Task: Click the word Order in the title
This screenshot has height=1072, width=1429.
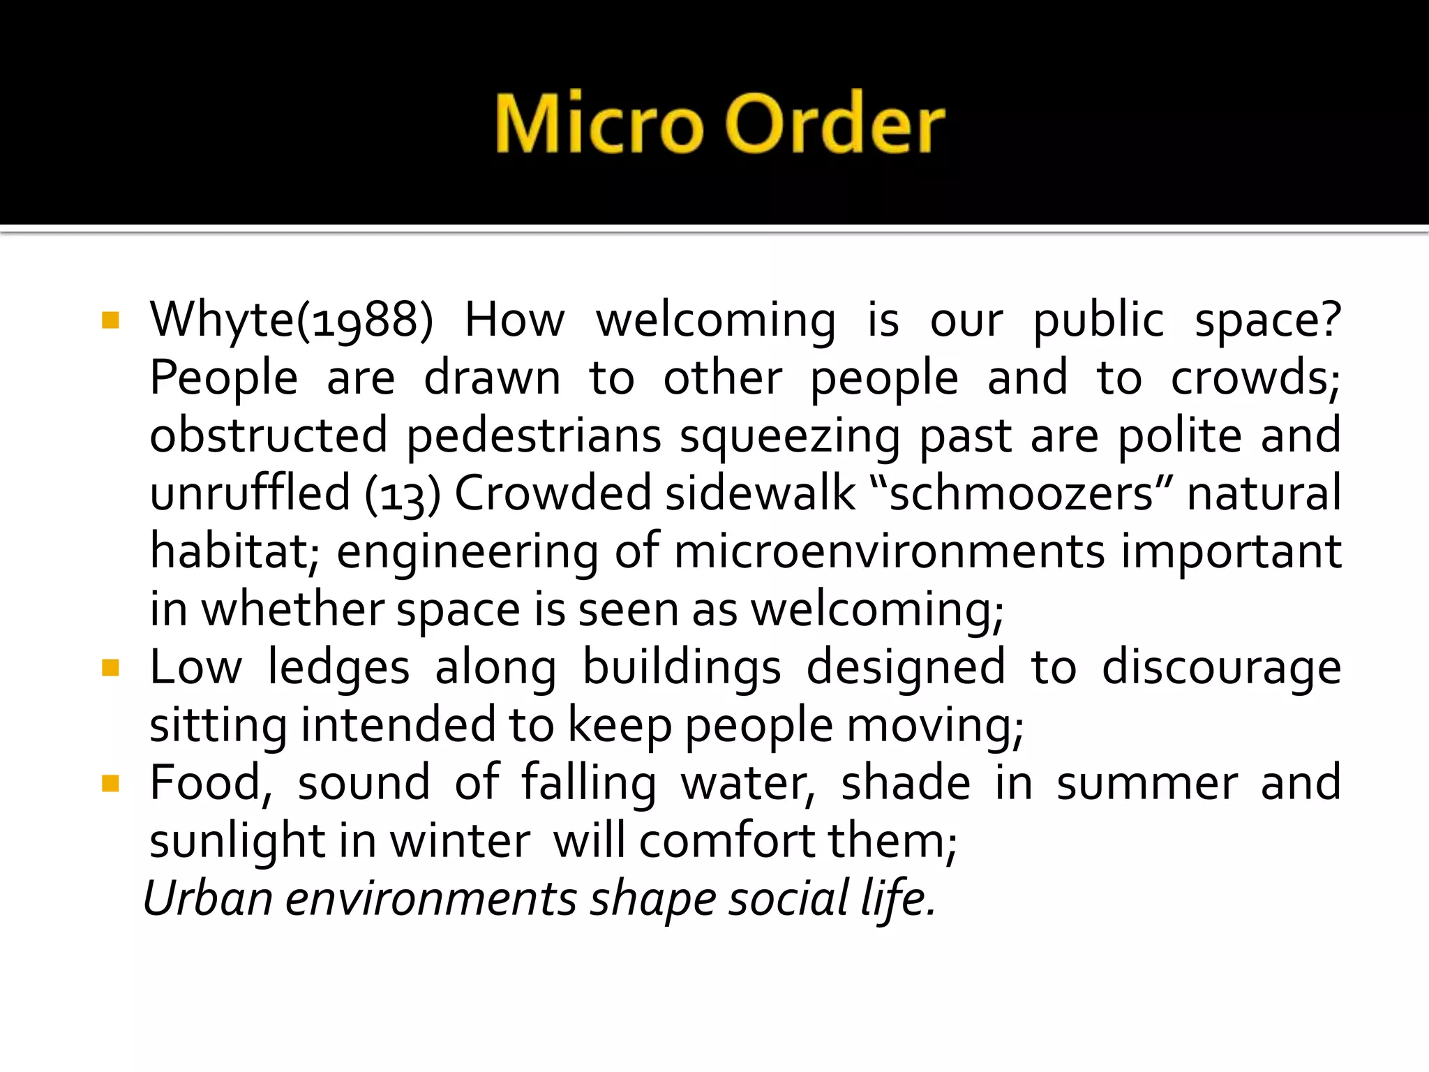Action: (x=835, y=124)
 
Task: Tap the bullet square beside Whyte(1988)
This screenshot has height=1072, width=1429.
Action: (x=110, y=321)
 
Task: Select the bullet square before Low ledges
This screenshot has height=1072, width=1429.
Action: (x=110, y=669)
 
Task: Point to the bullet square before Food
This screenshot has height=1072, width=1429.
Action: (x=110, y=784)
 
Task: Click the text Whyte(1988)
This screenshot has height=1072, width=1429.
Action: (x=292, y=321)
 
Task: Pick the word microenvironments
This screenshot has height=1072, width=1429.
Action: (x=889, y=552)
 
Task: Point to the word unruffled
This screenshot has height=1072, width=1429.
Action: (x=250, y=494)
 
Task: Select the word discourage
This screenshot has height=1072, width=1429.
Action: (x=1220, y=669)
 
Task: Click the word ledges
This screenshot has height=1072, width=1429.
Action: (x=338, y=669)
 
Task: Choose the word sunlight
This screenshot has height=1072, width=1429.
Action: (x=237, y=842)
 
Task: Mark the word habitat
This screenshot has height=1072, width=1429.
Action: (x=234, y=552)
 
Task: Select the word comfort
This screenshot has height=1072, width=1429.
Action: (x=727, y=842)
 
